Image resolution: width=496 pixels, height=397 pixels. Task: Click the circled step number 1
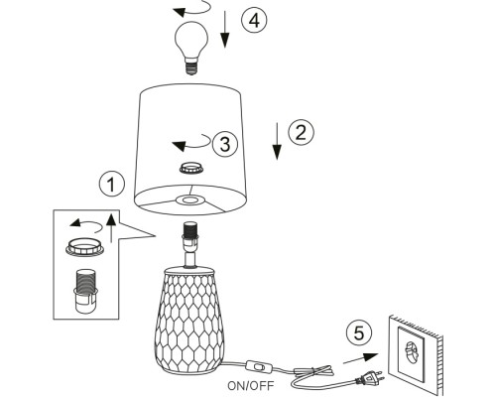[112, 184]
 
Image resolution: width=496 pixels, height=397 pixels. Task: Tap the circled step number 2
[301, 132]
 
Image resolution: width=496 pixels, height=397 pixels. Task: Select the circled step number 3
[225, 144]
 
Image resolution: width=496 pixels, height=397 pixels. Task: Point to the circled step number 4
[254, 20]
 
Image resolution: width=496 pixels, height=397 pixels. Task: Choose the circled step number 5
[359, 332]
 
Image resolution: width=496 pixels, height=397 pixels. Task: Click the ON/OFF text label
[251, 385]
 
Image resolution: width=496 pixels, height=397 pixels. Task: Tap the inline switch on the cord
[259, 366]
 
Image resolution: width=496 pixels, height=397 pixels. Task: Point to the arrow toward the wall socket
[360, 358]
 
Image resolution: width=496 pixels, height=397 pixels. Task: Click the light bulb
[191, 48]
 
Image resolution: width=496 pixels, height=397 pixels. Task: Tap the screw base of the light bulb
[191, 66]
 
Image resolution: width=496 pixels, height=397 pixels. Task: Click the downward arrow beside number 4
[225, 29]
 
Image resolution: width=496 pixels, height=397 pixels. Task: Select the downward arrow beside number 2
[277, 141]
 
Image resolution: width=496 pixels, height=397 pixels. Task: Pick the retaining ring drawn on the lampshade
[190, 168]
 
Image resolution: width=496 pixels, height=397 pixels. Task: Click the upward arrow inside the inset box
[111, 228]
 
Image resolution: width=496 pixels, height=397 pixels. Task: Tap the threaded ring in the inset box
[85, 247]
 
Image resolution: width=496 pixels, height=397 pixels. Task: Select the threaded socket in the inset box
[85, 291]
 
